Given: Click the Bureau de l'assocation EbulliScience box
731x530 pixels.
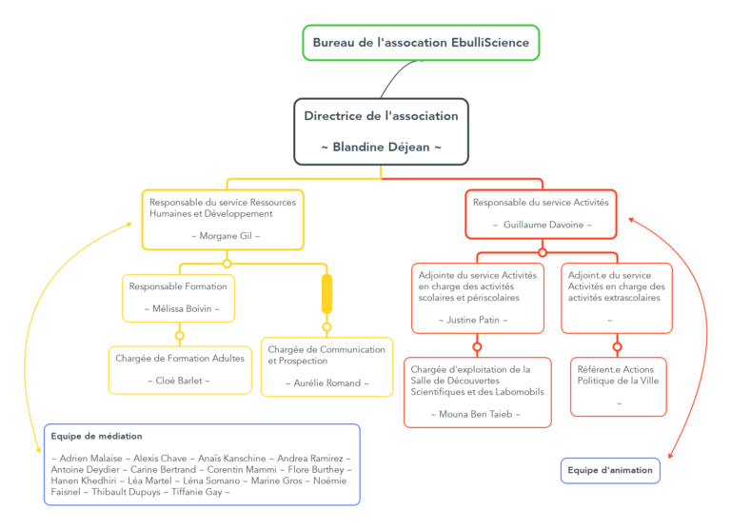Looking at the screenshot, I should pos(421,43).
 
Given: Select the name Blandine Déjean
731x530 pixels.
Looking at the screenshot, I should pos(381,147).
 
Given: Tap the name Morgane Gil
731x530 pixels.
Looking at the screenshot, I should pos(226,235).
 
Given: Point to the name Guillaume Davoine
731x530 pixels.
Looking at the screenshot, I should pos(542,225).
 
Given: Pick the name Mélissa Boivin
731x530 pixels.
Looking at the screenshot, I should pos(178,308).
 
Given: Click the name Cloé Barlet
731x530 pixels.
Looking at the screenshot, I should pos(180,381).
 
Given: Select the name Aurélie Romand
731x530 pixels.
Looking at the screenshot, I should pos(326,383).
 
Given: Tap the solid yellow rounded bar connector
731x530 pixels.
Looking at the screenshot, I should pos(326,293).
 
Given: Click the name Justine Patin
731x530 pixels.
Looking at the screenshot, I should pos(478,320).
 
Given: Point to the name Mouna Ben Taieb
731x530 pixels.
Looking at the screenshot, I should pos(477,414).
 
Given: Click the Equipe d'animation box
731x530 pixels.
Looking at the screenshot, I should pos(610,470).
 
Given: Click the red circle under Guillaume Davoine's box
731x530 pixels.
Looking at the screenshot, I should pos(543,252).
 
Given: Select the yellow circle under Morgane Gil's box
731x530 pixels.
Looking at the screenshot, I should pos(227,264).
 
